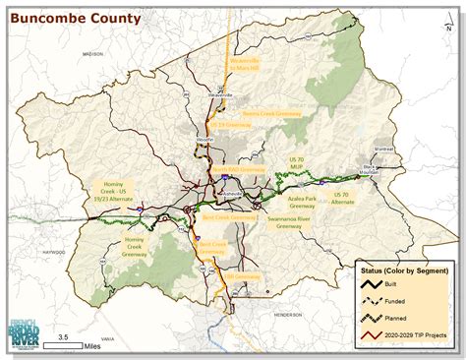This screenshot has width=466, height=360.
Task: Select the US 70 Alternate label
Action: pos(343,200)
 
